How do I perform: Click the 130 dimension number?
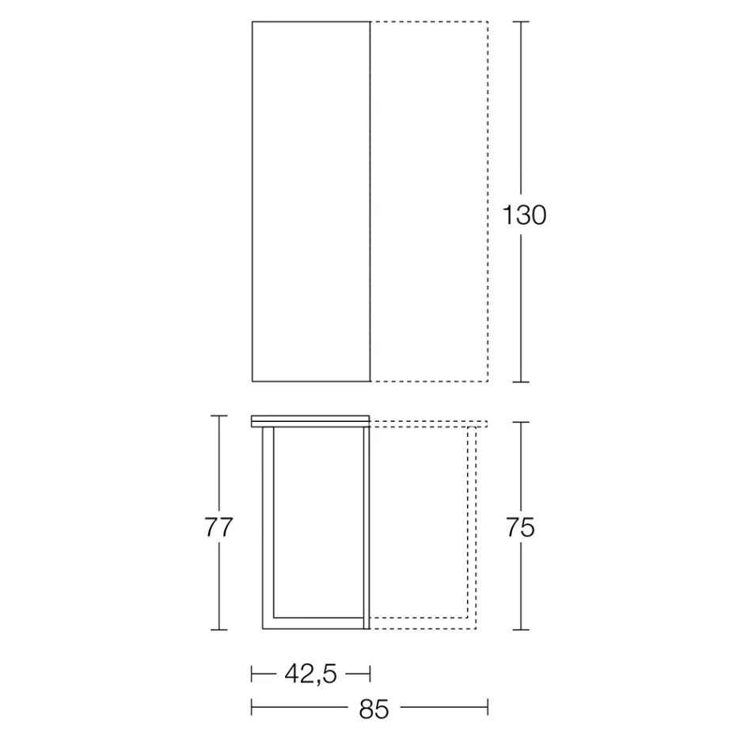(x=525, y=215)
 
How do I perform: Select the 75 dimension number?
(x=520, y=527)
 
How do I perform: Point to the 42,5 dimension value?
(x=310, y=674)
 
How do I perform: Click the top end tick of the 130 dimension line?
(x=520, y=21)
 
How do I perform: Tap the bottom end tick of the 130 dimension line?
(x=520, y=382)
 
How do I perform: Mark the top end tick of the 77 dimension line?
(x=219, y=416)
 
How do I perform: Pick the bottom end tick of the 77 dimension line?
(x=219, y=630)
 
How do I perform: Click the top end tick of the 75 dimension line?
(x=520, y=423)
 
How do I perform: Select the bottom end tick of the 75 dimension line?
(x=520, y=630)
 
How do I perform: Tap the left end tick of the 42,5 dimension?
(x=252, y=674)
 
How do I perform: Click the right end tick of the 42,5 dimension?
(x=370, y=674)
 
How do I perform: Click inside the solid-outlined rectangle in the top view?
(x=311, y=202)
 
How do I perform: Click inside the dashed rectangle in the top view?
(x=429, y=202)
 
